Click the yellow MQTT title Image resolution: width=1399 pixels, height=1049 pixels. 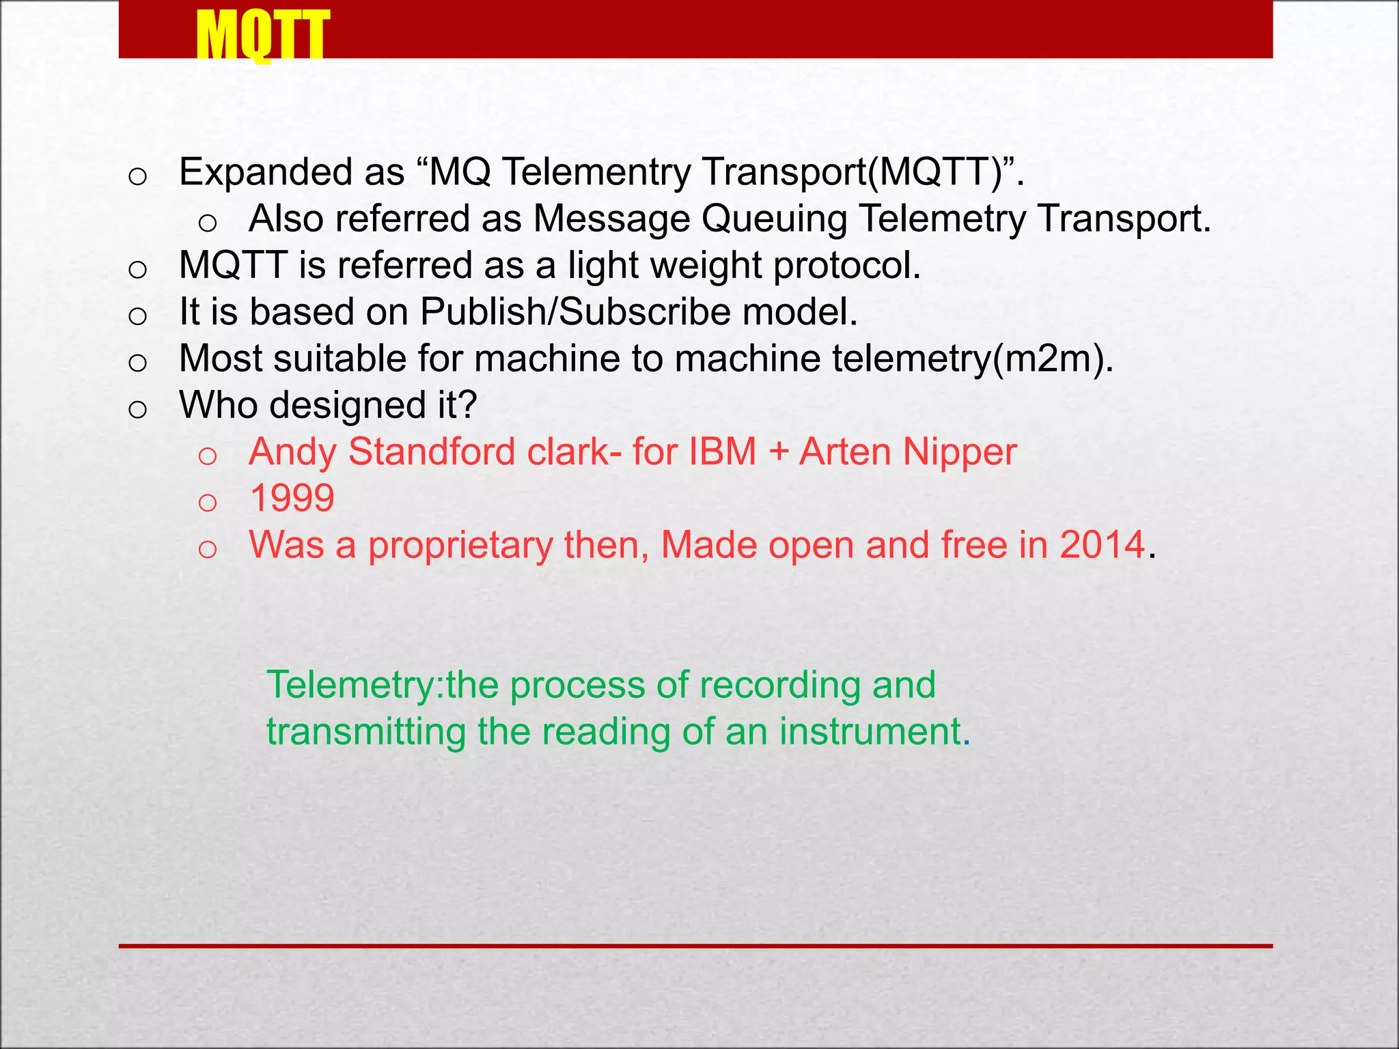coord(262,36)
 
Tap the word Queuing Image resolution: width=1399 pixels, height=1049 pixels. coord(775,219)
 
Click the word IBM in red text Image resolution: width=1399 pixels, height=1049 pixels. coord(723,452)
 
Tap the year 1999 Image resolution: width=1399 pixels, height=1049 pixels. coord(292,498)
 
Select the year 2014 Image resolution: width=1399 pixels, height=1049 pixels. coord(1103,545)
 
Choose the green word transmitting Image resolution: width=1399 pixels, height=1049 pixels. coord(366,731)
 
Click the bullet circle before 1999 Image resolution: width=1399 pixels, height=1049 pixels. coord(207,503)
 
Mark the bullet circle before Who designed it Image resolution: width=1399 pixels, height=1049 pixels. coord(137,410)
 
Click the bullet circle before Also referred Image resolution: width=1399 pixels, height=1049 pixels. coord(207,223)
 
